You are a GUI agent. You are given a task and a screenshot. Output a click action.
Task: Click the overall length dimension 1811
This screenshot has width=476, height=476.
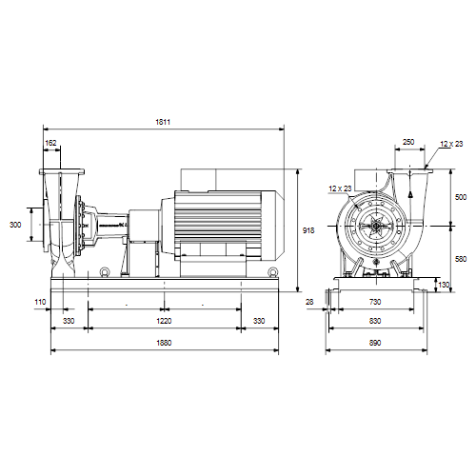163,122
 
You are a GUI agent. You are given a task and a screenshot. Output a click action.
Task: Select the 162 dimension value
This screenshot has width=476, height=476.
50,143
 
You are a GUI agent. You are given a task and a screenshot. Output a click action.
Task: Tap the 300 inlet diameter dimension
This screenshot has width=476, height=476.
15,225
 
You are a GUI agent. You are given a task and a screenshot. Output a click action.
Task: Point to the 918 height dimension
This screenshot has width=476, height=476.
308,230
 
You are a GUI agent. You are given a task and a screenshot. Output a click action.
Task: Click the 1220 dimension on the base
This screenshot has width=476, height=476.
164,321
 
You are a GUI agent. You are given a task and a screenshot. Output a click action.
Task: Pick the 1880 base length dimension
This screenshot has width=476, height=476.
164,343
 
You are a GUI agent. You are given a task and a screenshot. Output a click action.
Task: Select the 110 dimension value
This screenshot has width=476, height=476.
40,302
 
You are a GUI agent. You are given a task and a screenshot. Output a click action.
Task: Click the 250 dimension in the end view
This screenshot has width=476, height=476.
408,142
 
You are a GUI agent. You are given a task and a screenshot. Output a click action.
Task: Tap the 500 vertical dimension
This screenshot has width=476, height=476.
461,197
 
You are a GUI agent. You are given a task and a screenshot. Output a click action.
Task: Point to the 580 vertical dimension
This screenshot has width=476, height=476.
461,259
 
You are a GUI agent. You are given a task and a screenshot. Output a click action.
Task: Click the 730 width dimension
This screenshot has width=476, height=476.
375,302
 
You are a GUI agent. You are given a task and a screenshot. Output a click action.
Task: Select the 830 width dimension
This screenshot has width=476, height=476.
375,321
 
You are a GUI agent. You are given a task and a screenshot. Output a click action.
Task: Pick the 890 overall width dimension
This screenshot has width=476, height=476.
375,343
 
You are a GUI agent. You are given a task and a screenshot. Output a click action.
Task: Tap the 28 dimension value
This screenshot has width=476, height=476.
309,302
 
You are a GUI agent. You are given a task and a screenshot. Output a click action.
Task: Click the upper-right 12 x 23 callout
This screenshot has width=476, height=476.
451,144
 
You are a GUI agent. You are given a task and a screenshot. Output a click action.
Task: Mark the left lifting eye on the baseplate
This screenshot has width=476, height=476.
105,272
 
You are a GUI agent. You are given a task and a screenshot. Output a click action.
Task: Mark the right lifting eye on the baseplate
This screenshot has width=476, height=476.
272,272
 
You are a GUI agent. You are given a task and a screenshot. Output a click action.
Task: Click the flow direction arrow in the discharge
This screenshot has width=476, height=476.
410,193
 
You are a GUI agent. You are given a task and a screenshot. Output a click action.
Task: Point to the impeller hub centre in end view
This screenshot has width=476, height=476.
375,226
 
